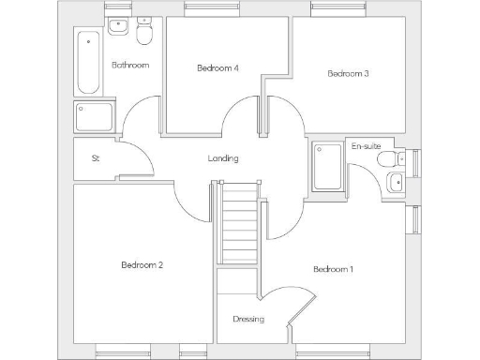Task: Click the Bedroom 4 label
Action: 217,67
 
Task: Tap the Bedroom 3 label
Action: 347,74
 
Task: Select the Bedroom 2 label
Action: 142,265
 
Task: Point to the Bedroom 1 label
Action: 333,270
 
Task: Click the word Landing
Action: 223,158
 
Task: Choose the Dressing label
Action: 248,319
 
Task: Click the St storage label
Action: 96,158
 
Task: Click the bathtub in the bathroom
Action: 89,61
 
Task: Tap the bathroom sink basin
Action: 118,26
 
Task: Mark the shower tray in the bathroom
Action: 95,116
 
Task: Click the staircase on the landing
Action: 239,225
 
